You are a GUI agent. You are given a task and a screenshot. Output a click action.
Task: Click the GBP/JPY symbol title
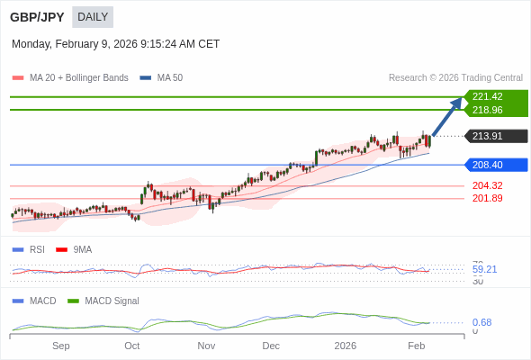[x=37, y=17]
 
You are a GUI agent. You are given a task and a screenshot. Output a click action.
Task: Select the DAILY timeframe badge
[x=93, y=17]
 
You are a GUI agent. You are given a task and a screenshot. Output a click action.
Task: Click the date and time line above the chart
[x=115, y=44]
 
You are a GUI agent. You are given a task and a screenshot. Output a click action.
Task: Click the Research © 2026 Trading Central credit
[x=455, y=78]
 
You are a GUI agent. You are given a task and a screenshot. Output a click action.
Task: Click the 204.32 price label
[x=487, y=185]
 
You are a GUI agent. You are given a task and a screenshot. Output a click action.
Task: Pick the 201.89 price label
[x=487, y=198]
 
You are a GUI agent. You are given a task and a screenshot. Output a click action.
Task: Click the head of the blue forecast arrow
[x=457, y=102]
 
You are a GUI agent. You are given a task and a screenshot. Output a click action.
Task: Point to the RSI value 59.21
[x=484, y=269]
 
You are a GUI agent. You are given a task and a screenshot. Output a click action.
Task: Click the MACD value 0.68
[x=481, y=322]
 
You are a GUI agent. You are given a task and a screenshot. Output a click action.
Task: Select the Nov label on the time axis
[x=206, y=346]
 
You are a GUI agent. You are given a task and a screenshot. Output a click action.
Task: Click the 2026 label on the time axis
[x=345, y=346]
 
